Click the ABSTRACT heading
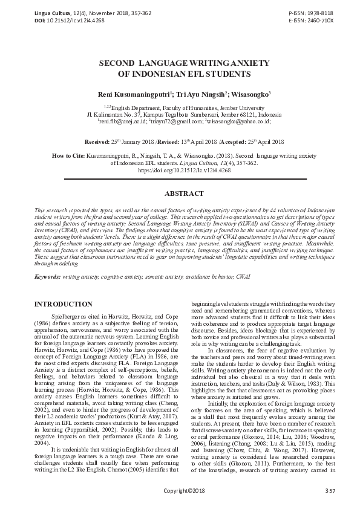coord(180,195)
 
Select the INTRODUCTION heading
coord(63,303)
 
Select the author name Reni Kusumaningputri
coord(133,94)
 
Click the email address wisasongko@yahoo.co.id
coord(238,122)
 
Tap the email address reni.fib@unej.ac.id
coord(122,122)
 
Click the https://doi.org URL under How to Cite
coord(180,171)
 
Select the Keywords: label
coord(51,276)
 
